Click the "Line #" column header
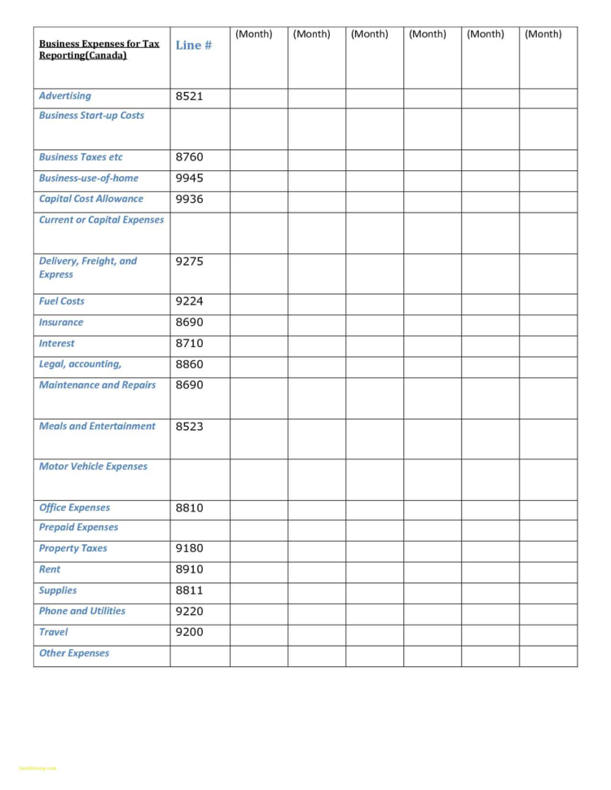tap(194, 46)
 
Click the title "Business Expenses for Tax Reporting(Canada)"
tap(99, 50)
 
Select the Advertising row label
tap(65, 96)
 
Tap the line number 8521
tap(190, 96)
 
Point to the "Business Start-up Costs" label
tap(91, 116)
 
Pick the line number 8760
tap(190, 157)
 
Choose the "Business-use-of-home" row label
tap(89, 178)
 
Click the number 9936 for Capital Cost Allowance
tap(190, 199)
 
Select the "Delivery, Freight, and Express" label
tap(88, 268)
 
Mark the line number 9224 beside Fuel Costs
tap(190, 301)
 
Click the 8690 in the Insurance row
tap(190, 323)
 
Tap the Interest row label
tap(56, 344)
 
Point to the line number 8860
tap(190, 365)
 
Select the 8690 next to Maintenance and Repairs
tap(190, 385)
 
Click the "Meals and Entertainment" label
tap(97, 426)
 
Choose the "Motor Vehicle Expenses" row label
tap(93, 467)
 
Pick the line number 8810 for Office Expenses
tap(190, 508)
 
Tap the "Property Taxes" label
tap(73, 549)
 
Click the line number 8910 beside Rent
tap(190, 570)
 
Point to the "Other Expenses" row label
tap(73, 653)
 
